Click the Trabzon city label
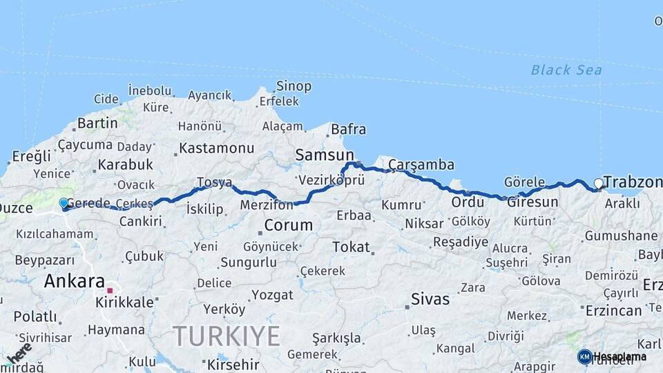click(x=632, y=182)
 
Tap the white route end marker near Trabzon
click(x=598, y=183)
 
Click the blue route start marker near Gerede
click(x=64, y=203)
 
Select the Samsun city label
click(x=324, y=155)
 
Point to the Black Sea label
click(x=566, y=70)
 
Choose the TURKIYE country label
click(x=227, y=336)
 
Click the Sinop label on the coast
click(x=294, y=86)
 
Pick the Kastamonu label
click(x=217, y=148)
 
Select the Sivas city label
click(x=430, y=299)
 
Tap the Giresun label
click(x=532, y=202)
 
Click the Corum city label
click(x=288, y=225)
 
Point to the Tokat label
click(x=351, y=247)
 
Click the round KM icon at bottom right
click(x=584, y=356)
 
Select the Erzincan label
click(x=613, y=311)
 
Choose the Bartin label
click(x=97, y=123)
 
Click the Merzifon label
click(x=267, y=204)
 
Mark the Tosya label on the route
click(x=213, y=182)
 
